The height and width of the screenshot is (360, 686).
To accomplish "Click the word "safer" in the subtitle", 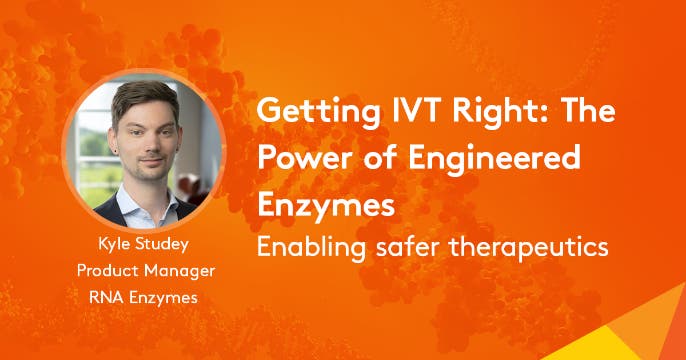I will click(399, 246).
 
